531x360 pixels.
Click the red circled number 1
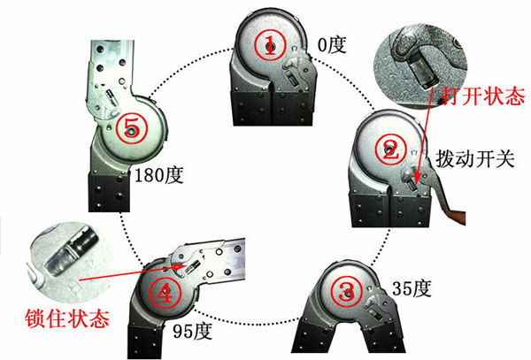[x=270, y=45]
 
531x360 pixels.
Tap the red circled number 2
[x=390, y=149]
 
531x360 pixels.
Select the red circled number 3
[x=346, y=292]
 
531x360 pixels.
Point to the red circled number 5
[x=131, y=128]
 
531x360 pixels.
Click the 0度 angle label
[x=332, y=44]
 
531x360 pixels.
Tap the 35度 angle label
[x=412, y=289]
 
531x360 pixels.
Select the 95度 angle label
[x=193, y=331]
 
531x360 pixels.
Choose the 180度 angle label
[x=158, y=175]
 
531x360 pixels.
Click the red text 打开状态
[x=483, y=96]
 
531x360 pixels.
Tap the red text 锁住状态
[x=67, y=318]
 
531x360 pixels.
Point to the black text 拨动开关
[x=474, y=158]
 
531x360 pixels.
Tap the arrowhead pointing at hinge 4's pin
[x=180, y=267]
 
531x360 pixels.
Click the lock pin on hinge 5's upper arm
[x=111, y=97]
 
